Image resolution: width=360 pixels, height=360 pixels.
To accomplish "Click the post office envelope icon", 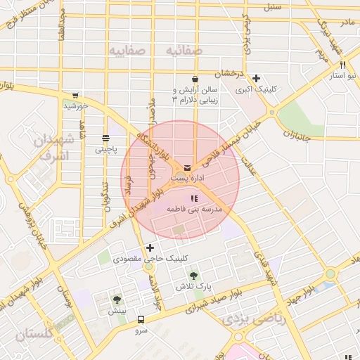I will (x=187, y=168).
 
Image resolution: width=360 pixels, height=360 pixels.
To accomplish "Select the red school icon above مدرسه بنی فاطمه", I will (x=194, y=199).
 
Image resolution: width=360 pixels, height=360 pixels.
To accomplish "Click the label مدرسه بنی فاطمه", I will (x=194, y=210).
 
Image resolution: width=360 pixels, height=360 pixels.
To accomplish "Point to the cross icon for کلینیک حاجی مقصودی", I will (x=149, y=247).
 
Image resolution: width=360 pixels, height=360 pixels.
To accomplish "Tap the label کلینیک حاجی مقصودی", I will (x=189, y=259).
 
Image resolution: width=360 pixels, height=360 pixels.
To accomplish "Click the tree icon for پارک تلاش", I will (x=193, y=276).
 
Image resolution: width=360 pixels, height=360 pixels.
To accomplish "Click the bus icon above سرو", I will (x=141, y=319).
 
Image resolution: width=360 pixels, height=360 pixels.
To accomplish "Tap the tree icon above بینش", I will (x=117, y=300).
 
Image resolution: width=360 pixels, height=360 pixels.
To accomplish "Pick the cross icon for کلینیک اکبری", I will (x=257, y=78).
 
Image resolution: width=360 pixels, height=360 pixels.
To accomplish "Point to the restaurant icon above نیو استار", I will (x=342, y=65).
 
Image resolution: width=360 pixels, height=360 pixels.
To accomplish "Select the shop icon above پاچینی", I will (x=105, y=138).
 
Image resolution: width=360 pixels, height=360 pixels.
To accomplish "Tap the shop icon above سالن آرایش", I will (x=194, y=77).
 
